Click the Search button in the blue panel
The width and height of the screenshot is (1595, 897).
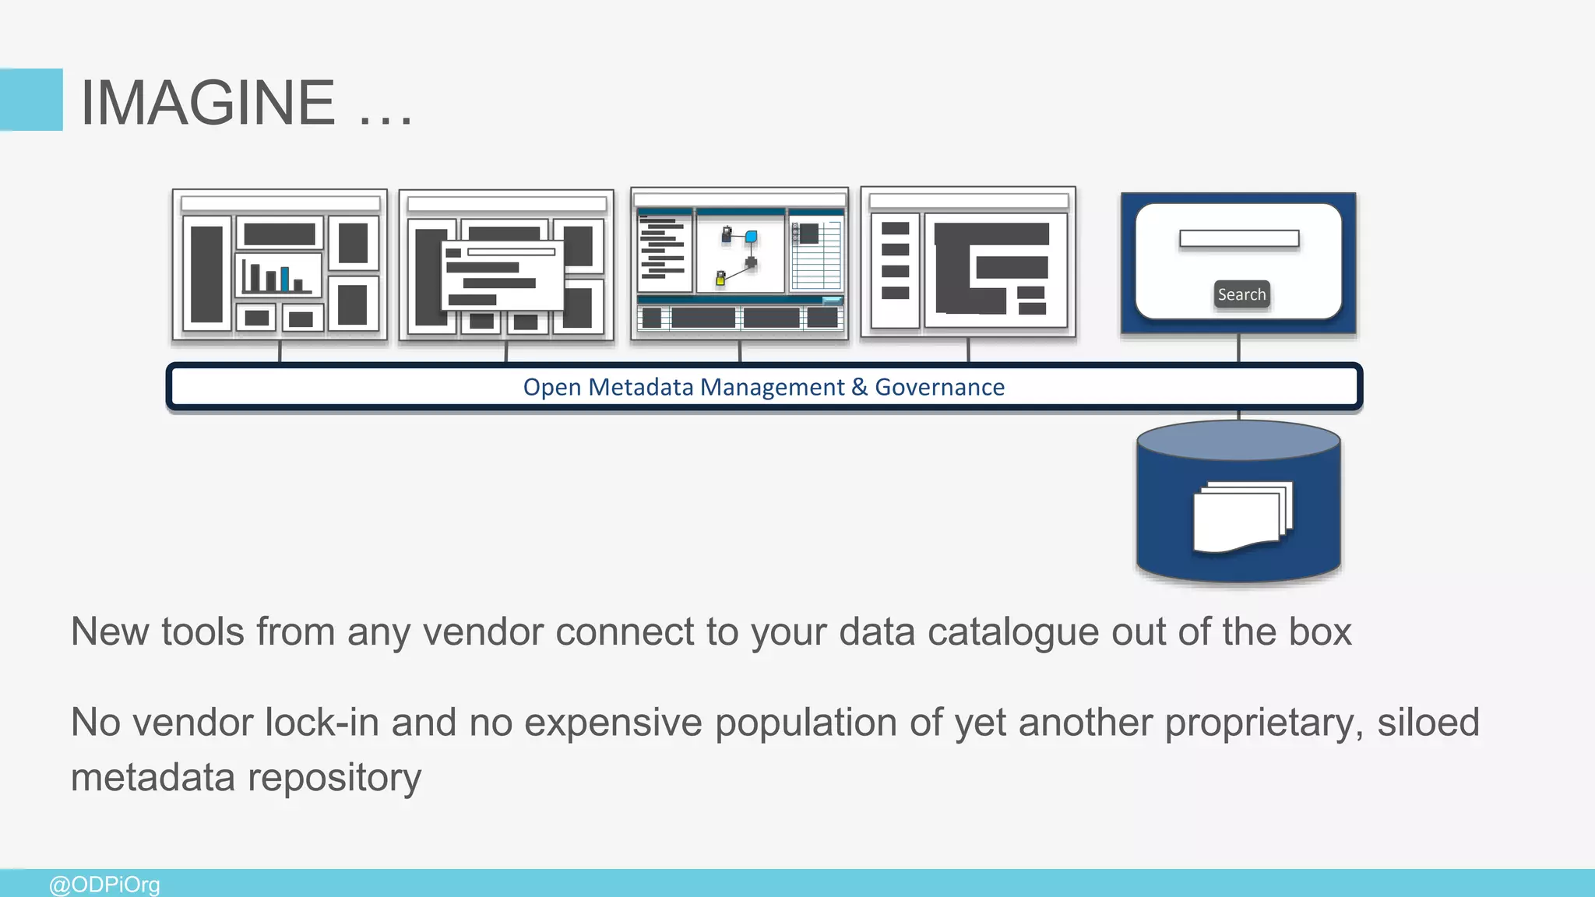pos(1241,294)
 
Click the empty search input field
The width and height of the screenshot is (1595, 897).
pos(1238,238)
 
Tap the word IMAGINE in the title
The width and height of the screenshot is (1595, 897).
pos(208,102)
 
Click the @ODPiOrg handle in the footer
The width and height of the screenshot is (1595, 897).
pos(104,885)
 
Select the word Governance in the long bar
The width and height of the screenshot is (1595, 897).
pos(939,387)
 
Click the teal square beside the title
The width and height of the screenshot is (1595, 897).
pos(31,100)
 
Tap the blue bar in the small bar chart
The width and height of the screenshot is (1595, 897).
pos(285,279)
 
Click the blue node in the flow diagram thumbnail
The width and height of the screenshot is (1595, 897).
pos(751,237)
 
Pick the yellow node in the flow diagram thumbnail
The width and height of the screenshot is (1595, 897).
pos(720,279)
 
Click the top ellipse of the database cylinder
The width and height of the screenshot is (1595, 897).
pos(1238,441)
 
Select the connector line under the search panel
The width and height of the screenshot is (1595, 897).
pos(1238,349)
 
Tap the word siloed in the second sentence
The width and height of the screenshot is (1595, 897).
pos(1428,722)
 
